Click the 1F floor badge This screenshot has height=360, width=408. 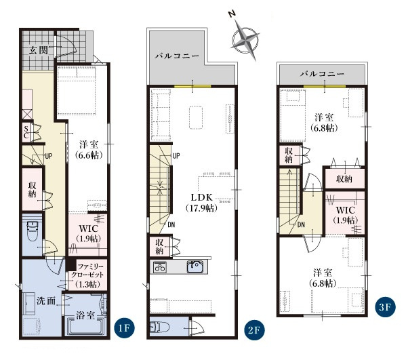point(125,328)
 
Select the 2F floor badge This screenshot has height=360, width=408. point(254,330)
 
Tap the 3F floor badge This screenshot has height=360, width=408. point(385,307)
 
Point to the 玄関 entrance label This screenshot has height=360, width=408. point(39,50)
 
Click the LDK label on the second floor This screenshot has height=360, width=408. point(202,197)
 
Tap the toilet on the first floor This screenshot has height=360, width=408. point(33,231)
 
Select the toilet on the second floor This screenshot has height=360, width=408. point(159,327)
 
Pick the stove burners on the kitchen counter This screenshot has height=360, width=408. point(159,267)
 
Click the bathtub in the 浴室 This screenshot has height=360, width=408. point(85,326)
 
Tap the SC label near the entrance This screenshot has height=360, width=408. point(26,132)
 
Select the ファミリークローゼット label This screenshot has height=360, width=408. point(87,271)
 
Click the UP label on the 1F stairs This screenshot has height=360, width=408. point(49,156)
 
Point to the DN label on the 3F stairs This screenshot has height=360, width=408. point(301,224)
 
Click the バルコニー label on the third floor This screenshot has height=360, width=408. point(323,74)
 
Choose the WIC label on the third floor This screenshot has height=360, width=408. point(345,209)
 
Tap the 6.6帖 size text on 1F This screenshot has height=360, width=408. point(89,155)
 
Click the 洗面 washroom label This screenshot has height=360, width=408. point(46,301)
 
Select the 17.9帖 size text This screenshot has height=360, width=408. point(202,208)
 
